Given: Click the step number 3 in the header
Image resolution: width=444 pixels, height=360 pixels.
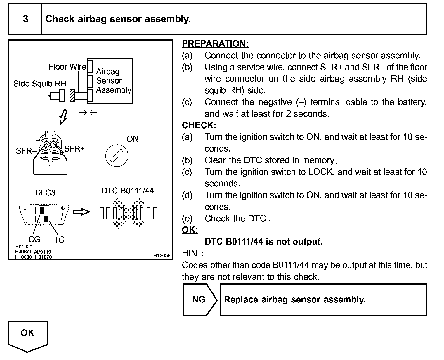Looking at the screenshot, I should click(x=26, y=19).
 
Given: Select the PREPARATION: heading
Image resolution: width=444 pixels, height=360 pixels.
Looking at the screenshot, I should click(x=215, y=44).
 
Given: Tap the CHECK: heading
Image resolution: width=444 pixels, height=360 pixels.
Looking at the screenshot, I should click(x=199, y=125).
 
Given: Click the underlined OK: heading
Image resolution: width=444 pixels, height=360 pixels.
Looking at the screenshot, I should click(x=190, y=230).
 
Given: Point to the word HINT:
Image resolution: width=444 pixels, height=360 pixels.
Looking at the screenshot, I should click(x=193, y=253).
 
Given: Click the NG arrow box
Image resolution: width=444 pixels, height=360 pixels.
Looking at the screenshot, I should click(x=200, y=300).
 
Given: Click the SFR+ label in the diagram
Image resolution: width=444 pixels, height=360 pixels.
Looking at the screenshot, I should click(x=74, y=149).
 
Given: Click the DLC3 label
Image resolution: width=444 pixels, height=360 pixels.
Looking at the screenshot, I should click(x=45, y=193).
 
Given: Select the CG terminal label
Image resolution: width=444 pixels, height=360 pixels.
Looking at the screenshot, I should click(x=34, y=240).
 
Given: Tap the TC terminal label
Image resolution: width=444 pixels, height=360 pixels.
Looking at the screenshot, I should click(x=59, y=240).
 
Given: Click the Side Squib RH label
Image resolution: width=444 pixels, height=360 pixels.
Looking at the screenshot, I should click(x=40, y=84).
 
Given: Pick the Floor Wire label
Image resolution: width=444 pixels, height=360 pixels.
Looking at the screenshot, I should click(x=67, y=67).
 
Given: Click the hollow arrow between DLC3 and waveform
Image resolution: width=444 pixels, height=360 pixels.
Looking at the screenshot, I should click(x=81, y=212).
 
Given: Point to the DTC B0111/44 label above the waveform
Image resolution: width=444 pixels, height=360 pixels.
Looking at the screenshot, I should click(x=127, y=191).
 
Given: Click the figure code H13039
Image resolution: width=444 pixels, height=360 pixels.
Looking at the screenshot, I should click(x=162, y=255).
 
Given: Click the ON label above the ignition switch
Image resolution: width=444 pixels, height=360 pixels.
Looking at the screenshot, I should click(x=133, y=139).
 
